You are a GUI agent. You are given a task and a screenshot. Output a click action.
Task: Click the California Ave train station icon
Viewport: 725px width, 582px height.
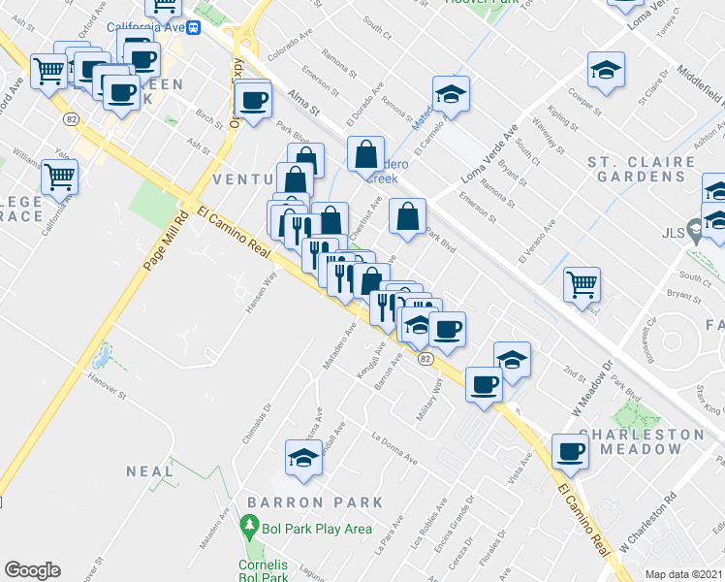(x=194, y=27)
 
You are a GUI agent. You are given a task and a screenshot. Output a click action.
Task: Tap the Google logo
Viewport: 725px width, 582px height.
(x=32, y=570)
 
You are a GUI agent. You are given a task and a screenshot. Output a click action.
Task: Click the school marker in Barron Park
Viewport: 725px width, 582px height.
(x=303, y=457)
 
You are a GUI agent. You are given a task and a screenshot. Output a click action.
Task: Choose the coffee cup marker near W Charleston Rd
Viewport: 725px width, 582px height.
(x=570, y=451)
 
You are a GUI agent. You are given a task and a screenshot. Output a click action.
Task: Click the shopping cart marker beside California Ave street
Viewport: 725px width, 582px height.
(x=60, y=177)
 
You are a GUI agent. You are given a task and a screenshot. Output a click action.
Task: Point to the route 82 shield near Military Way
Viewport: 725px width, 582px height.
(x=425, y=359)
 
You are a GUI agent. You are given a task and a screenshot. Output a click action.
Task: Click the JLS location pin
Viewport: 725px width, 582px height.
(x=694, y=231)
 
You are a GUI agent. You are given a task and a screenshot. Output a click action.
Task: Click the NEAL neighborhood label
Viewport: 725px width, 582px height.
(x=150, y=471)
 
